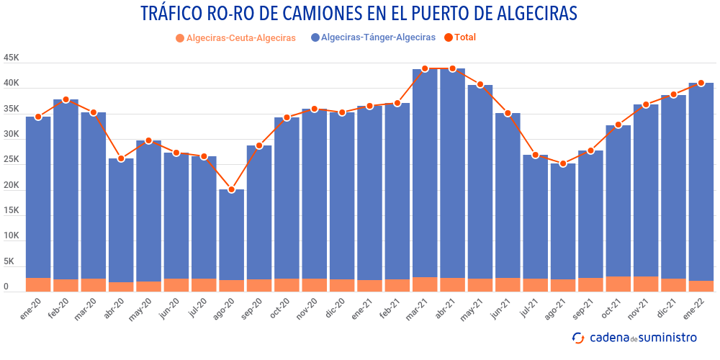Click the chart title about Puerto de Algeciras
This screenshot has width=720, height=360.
[359, 14]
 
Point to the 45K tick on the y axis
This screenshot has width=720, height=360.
[11, 58]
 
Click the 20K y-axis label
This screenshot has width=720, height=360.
[11, 185]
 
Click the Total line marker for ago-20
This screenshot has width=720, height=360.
[231, 189]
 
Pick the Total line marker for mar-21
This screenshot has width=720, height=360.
[425, 68]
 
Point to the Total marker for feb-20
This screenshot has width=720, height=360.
[66, 99]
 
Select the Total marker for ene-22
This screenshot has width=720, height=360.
[701, 83]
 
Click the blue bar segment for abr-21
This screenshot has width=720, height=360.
[452, 173]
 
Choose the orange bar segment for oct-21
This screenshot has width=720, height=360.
[618, 284]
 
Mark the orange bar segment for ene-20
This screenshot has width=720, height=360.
[38, 284]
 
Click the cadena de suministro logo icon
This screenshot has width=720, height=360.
[577, 337]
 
